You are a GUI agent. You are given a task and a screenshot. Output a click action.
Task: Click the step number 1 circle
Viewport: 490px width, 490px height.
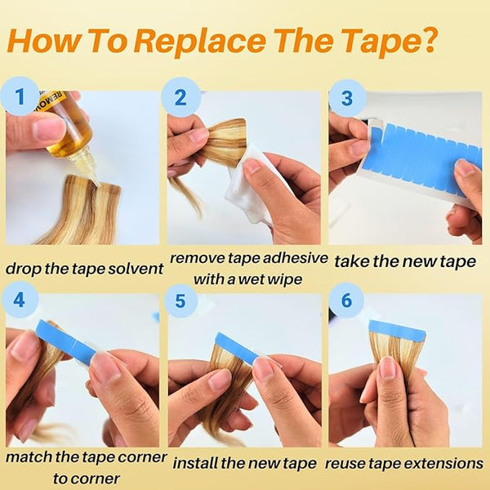point(20,96)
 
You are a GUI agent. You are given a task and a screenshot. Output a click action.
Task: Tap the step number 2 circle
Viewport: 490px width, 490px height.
point(181,97)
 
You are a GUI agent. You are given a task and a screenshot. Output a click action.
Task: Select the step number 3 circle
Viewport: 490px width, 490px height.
point(347,97)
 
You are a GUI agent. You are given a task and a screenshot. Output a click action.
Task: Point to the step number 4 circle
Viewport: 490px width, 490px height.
point(20,300)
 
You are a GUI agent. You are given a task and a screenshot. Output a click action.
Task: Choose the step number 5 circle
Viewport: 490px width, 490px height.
point(180,301)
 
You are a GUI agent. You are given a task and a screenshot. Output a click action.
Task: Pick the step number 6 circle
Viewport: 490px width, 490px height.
point(346,300)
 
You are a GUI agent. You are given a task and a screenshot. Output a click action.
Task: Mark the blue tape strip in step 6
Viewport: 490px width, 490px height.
point(397,330)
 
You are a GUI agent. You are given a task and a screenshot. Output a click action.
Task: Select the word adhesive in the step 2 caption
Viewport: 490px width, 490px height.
point(295,258)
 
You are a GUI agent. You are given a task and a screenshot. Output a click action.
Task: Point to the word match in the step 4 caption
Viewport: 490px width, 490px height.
point(29,457)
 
